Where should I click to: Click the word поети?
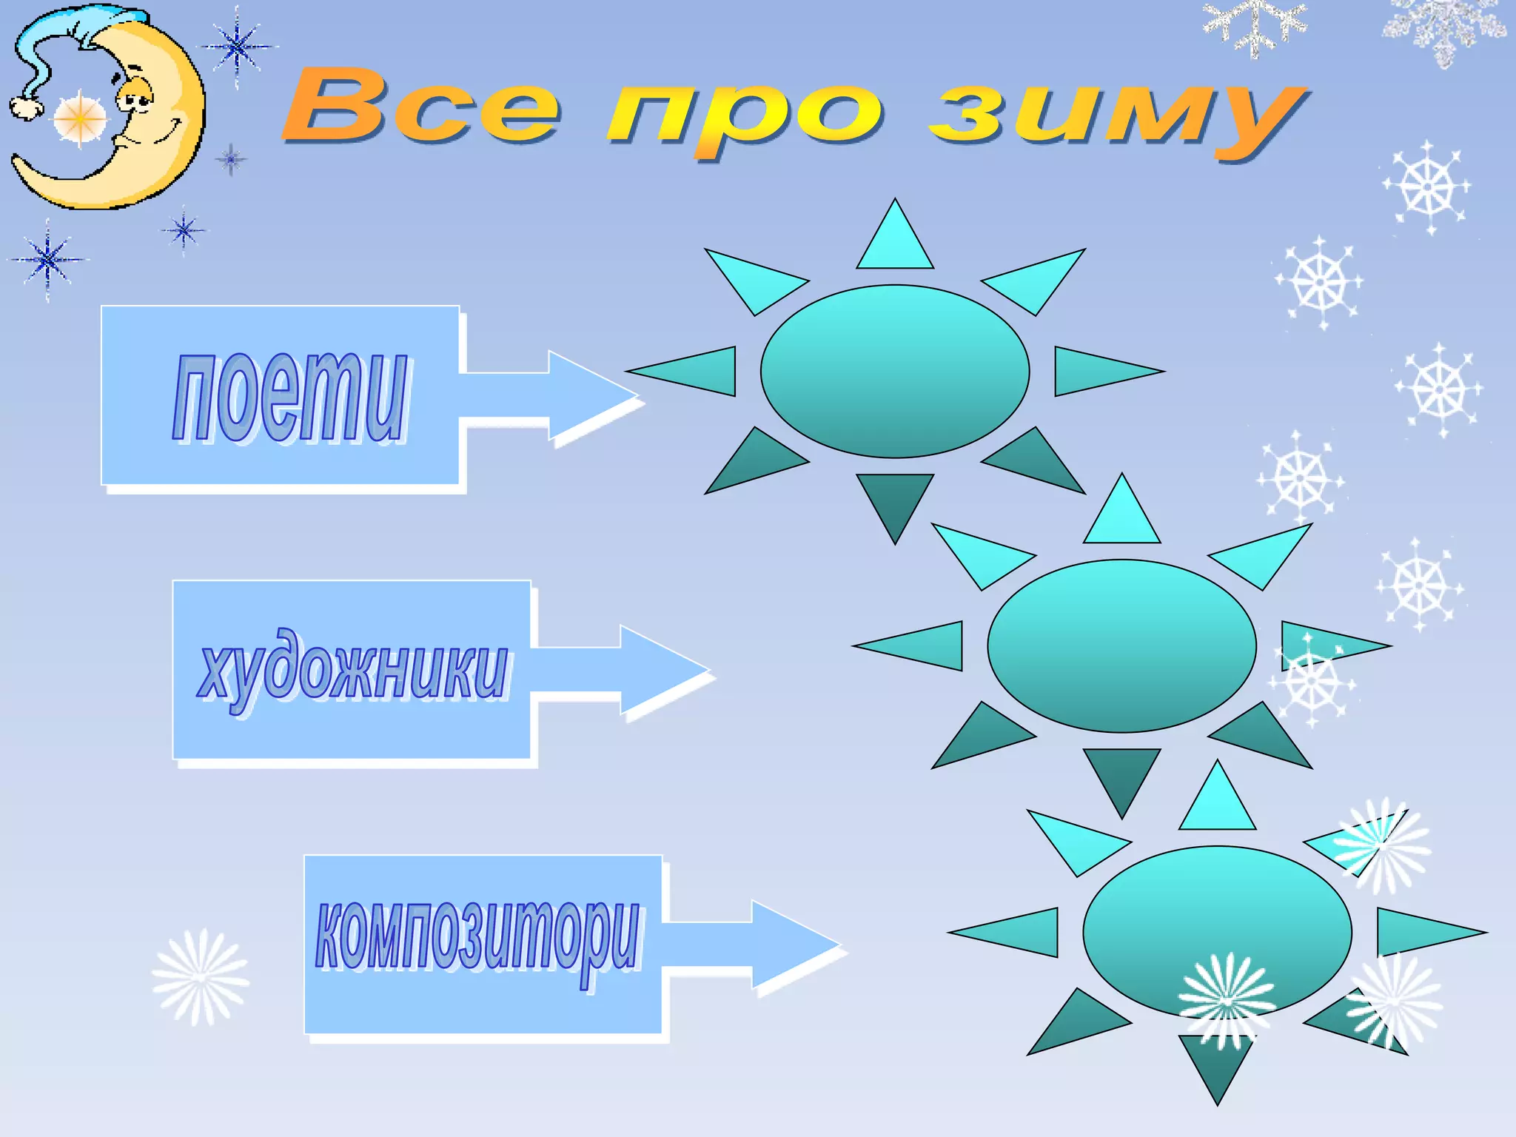point(290,398)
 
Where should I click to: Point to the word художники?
point(354,671)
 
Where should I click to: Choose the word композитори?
point(477,939)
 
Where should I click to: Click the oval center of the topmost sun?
point(895,371)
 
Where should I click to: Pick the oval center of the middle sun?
point(1121,645)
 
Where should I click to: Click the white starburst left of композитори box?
point(201,977)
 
